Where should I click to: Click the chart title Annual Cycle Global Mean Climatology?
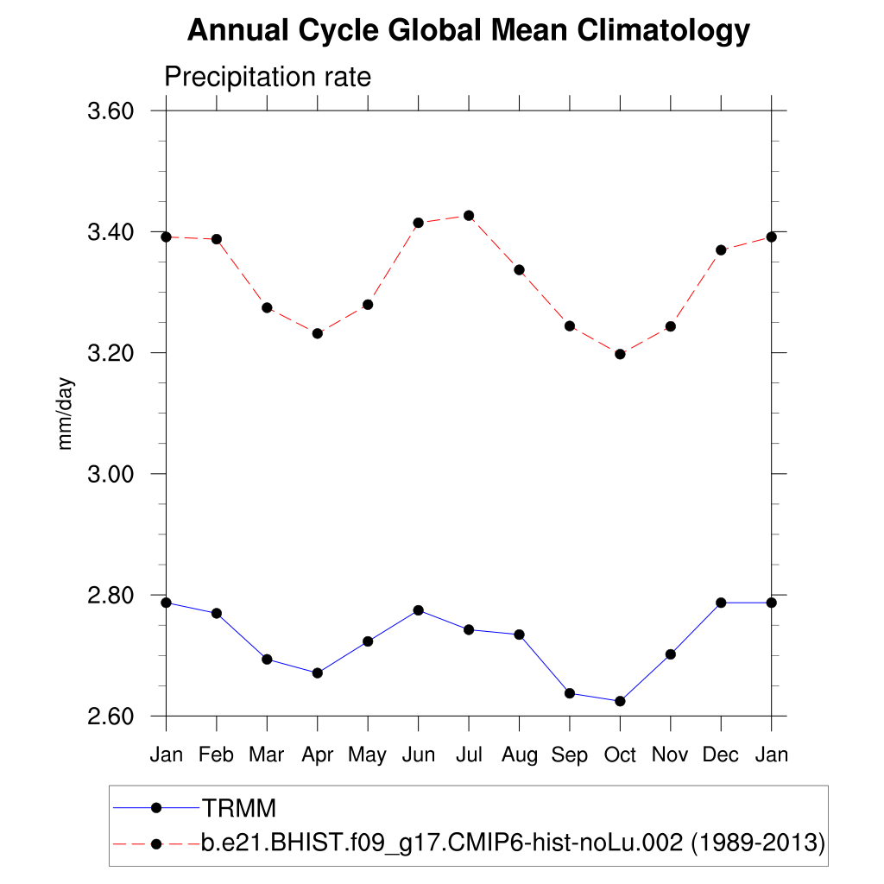click(x=468, y=31)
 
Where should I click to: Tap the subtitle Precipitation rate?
click(x=268, y=77)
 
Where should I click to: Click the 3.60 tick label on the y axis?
click(x=110, y=111)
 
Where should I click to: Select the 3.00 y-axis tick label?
click(x=110, y=474)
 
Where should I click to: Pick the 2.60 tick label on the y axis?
click(x=110, y=717)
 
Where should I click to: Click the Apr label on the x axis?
click(x=317, y=755)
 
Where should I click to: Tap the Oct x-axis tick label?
click(x=620, y=755)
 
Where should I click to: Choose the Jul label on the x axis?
click(x=469, y=755)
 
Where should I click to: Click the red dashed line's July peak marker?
click(x=469, y=215)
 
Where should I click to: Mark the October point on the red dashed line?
click(x=620, y=354)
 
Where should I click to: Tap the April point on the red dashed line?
click(x=318, y=333)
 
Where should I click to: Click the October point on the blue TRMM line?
click(x=620, y=701)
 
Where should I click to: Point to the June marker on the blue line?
click(x=419, y=610)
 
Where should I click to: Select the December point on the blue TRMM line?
click(x=721, y=603)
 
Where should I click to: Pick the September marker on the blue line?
click(x=570, y=693)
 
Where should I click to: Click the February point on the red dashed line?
click(x=217, y=239)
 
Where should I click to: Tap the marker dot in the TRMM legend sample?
click(x=156, y=808)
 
